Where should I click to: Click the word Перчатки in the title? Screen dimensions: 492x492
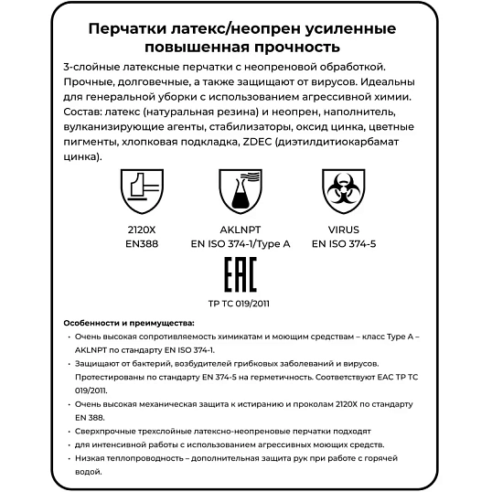point(123,27)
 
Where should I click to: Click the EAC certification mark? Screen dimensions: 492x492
point(240,274)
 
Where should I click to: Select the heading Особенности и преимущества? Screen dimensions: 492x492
point(129,324)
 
